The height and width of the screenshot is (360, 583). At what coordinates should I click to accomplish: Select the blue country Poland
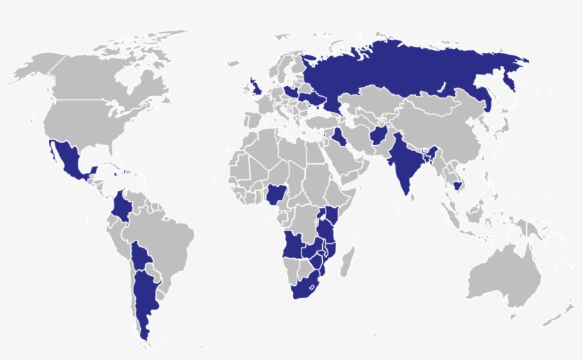tap(292, 92)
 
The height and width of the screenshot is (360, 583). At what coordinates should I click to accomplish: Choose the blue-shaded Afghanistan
tap(378, 135)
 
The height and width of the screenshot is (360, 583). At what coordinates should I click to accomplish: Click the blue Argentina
tap(145, 299)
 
